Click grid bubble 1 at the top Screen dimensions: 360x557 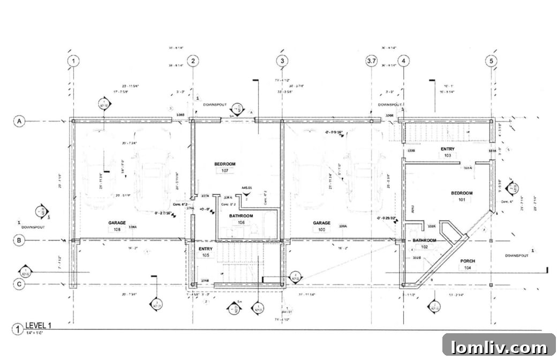(x=73, y=61)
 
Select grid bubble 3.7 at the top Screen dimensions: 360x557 (x=371, y=61)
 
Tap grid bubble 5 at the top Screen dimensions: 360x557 (x=491, y=61)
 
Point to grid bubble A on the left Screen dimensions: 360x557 (x=19, y=122)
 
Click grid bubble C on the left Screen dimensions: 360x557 (x=19, y=285)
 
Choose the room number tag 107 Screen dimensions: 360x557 (x=225, y=171)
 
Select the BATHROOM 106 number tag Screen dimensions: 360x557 (x=241, y=223)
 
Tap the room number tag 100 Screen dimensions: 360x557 (x=321, y=230)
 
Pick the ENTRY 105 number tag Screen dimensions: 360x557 (x=206, y=256)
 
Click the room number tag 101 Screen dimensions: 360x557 (x=461, y=200)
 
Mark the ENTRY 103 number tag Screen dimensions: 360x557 (x=447, y=155)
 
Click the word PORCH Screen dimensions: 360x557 (x=468, y=261)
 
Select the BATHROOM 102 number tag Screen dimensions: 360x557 (x=424, y=247)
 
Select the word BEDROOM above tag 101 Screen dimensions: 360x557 (x=461, y=193)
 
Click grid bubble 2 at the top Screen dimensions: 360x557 (x=193, y=61)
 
